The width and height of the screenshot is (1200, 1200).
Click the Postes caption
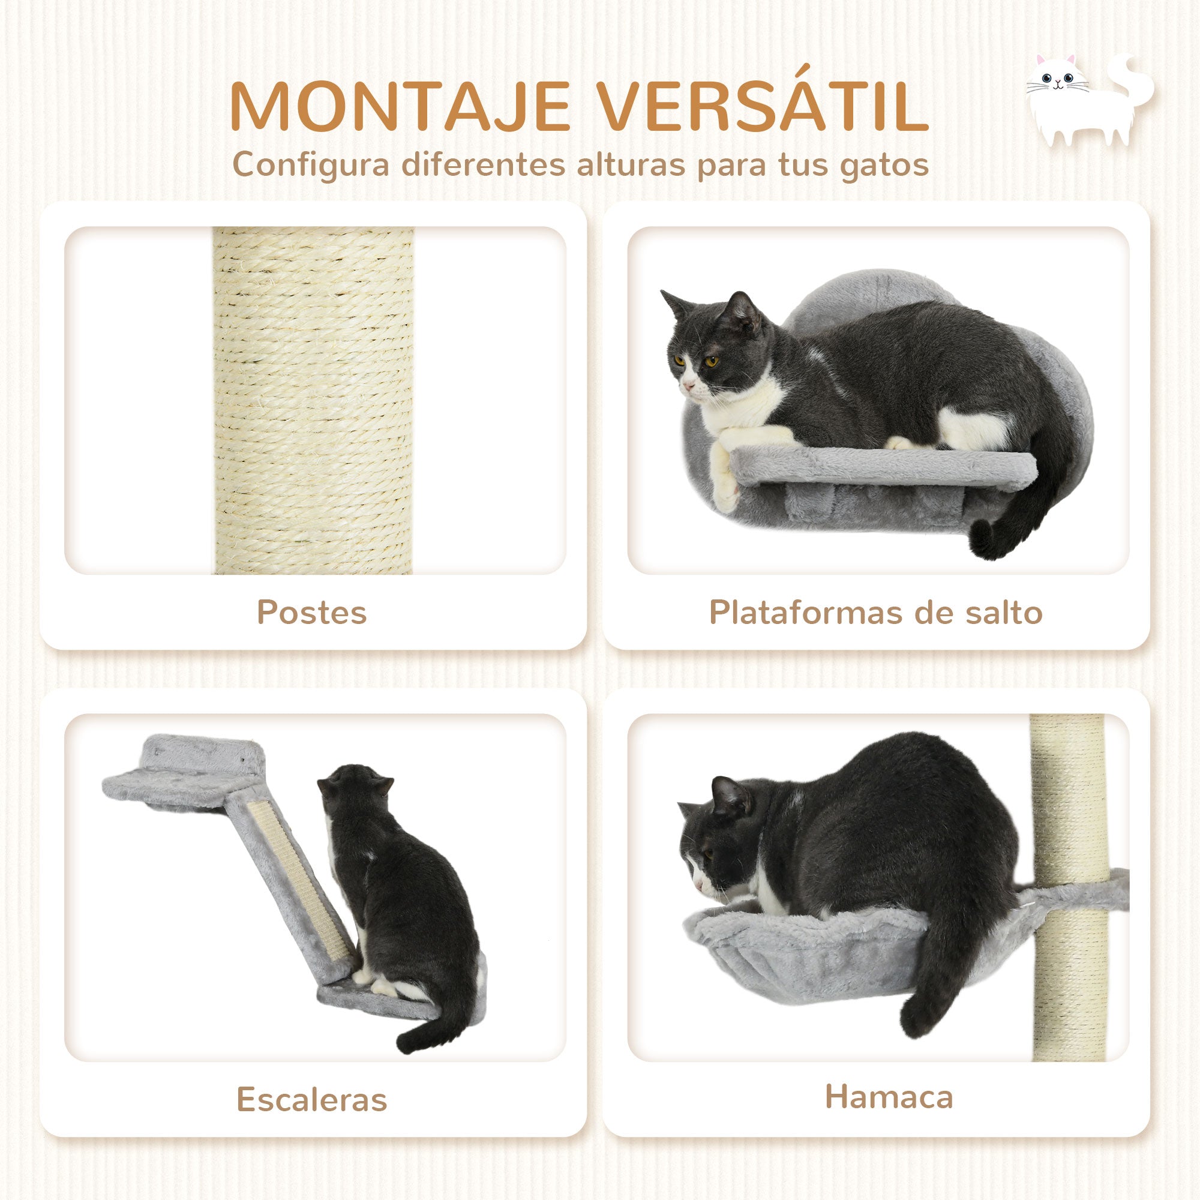312,613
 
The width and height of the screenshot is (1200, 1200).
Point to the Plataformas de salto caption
876,613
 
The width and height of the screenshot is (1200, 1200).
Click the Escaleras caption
312,1099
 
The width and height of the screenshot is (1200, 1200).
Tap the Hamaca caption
889,1096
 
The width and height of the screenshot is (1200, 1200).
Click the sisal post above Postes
313,401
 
